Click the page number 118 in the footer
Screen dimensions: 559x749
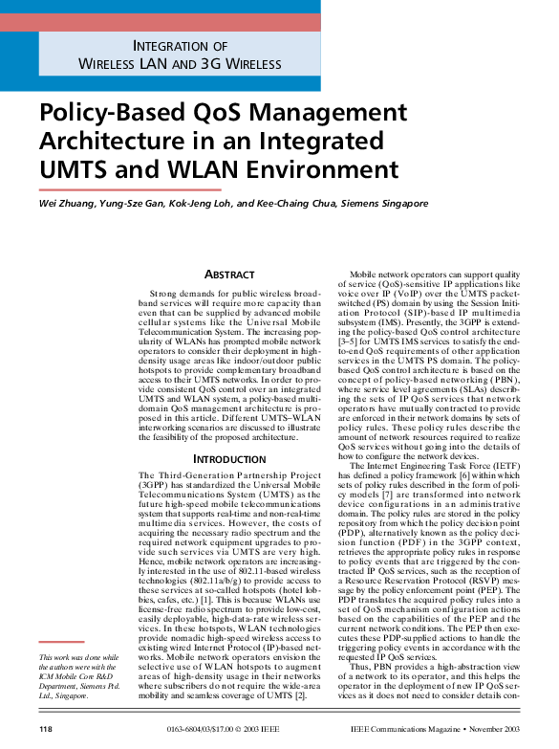(x=45, y=730)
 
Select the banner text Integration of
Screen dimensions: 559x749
(x=180, y=46)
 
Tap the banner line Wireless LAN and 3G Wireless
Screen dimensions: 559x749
(x=180, y=64)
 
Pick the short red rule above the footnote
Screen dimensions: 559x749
(x=60, y=643)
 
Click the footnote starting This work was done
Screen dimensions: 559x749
(x=80, y=675)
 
